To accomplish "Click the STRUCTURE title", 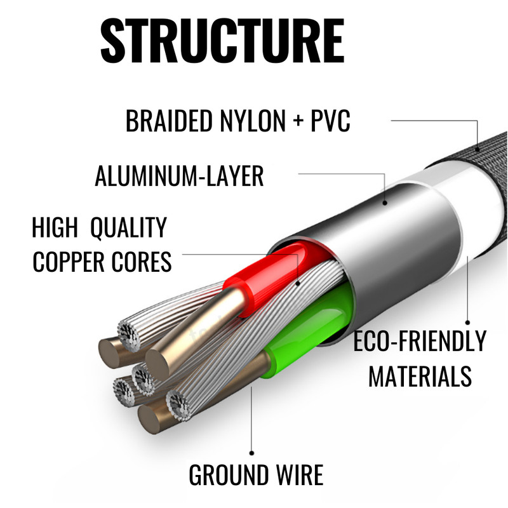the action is tap(222, 41).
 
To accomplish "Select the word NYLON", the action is tap(253, 121).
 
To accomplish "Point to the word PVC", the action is tap(330, 121).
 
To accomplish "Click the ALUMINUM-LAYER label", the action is tap(179, 176).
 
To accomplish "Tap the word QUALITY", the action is tap(128, 228).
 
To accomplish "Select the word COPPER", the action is tap(69, 262).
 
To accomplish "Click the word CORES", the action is tap(142, 262).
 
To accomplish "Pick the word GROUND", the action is tap(229, 475).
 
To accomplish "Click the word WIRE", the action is tap(300, 475).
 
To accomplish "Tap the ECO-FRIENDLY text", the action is tap(420, 341).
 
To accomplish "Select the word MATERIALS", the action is tap(420, 376).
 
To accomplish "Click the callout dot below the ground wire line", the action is tap(251, 453).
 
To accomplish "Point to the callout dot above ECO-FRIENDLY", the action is tap(467, 323).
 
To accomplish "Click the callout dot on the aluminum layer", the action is tap(385, 203).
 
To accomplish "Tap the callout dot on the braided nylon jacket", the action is tap(478, 150).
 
